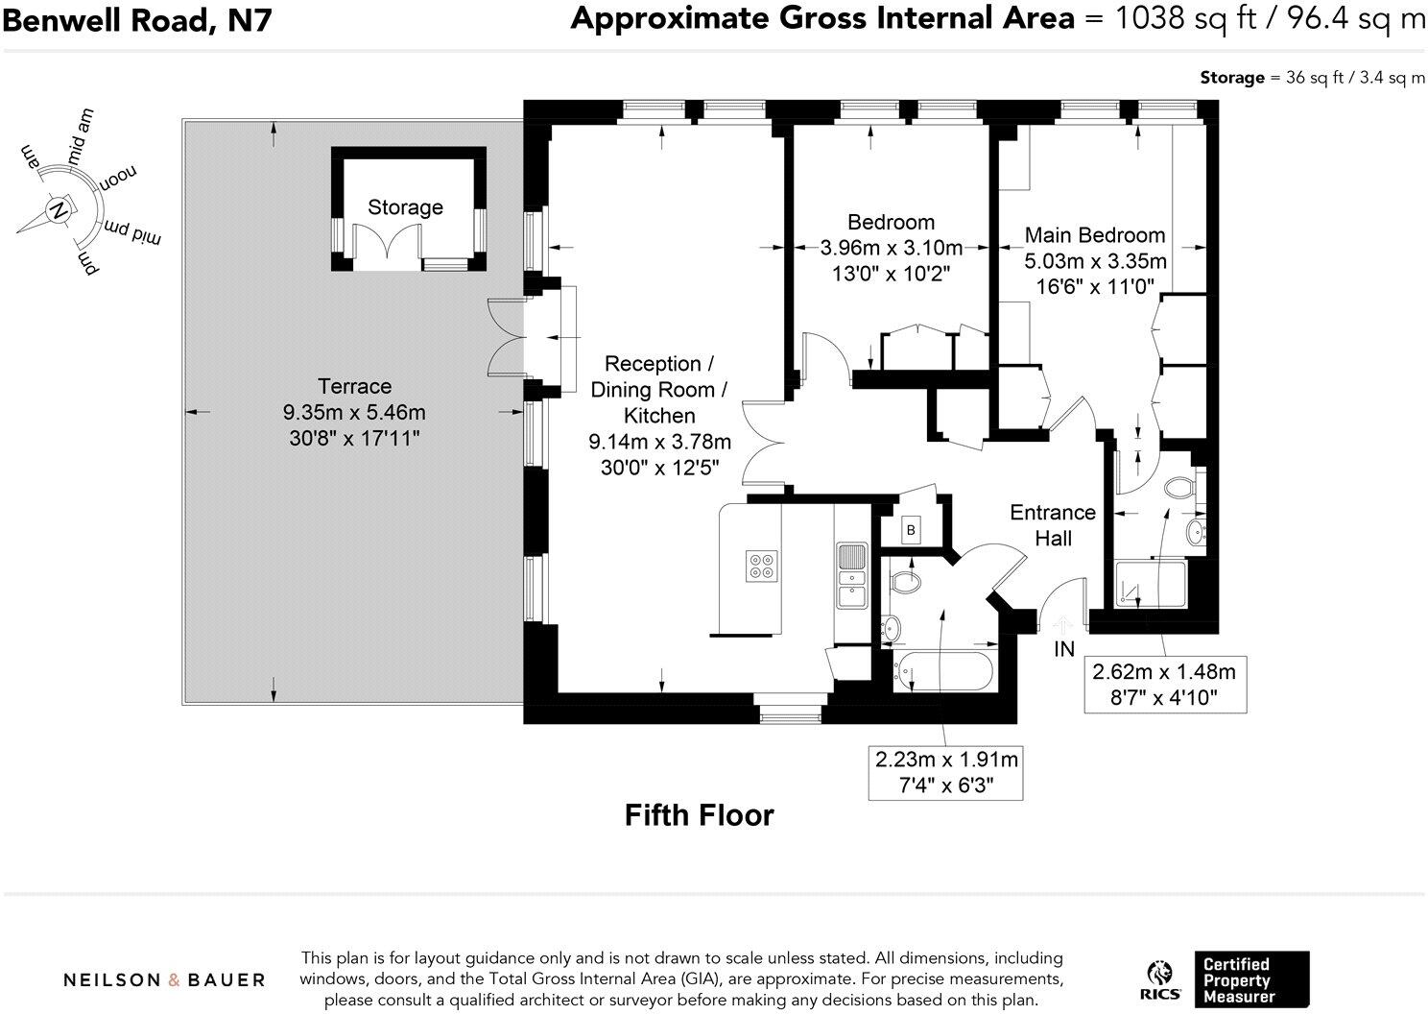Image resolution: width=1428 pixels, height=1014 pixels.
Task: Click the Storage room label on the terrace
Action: click(405, 207)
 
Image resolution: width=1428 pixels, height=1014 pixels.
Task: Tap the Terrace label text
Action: click(354, 387)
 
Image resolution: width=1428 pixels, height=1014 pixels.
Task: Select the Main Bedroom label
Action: click(1094, 235)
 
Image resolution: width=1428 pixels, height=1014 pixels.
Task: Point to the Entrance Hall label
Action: click(1052, 525)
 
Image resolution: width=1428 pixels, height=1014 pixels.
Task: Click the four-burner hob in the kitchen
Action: click(762, 566)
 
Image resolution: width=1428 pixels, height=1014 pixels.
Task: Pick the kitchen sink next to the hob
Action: click(851, 576)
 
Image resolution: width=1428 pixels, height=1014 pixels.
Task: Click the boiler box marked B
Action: click(911, 530)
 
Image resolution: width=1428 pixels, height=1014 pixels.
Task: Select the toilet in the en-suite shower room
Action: click(1179, 487)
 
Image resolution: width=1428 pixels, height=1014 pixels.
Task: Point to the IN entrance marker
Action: click(1064, 650)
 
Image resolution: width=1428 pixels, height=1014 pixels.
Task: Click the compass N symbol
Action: click(58, 209)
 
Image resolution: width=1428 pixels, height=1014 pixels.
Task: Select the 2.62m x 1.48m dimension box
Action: click(1164, 685)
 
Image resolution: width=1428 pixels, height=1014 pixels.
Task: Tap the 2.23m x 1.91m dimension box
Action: click(945, 773)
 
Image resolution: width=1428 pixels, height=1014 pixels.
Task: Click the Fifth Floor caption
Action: click(699, 815)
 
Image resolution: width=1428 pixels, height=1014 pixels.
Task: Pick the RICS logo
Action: click(1160, 979)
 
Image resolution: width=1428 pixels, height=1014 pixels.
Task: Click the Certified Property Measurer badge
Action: click(1249, 979)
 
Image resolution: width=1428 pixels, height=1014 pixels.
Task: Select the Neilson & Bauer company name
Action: click(164, 979)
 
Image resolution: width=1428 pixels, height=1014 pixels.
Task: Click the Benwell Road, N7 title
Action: click(137, 19)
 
